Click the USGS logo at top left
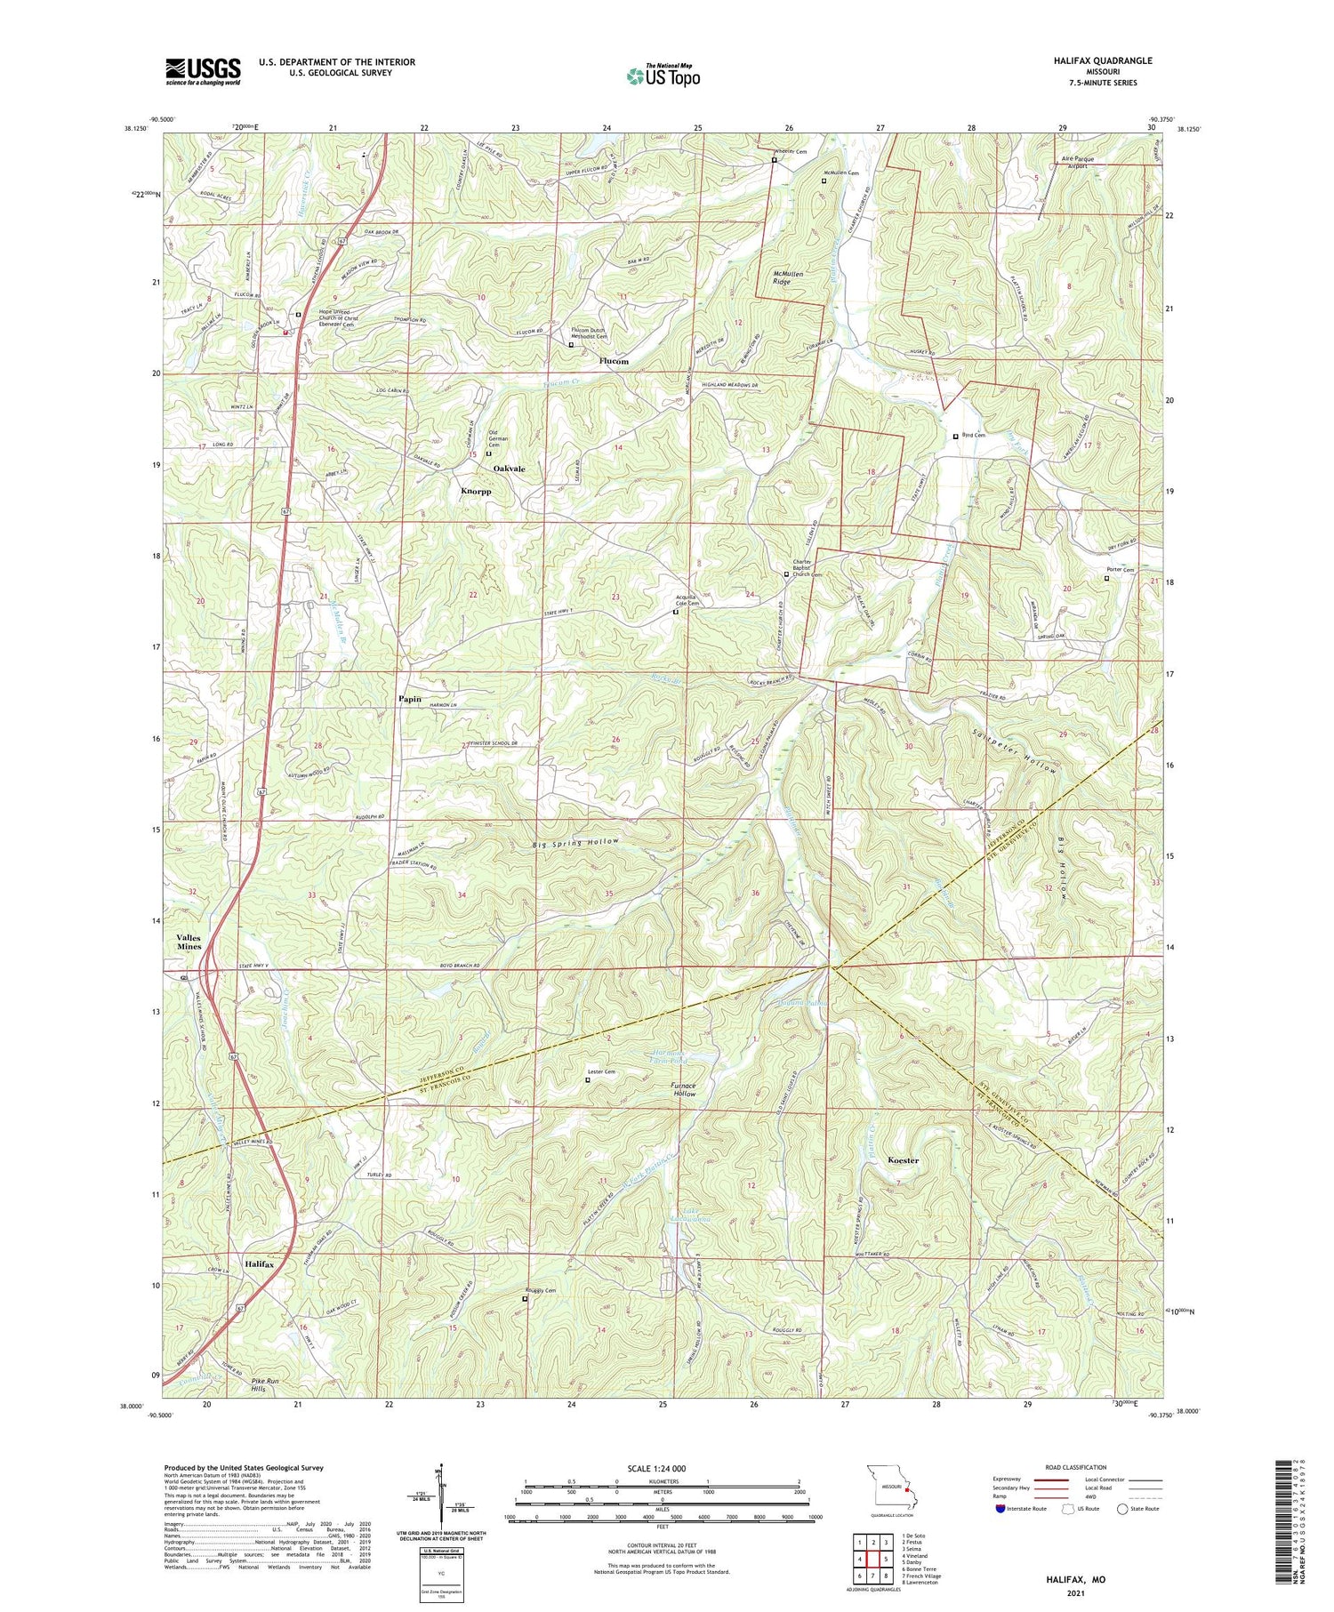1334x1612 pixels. (x=203, y=71)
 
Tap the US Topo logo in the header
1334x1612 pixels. (x=663, y=76)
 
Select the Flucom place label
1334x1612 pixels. (x=614, y=361)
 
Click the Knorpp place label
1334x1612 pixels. (x=476, y=491)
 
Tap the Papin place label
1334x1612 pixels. (x=409, y=699)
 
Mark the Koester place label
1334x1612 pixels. (x=904, y=1160)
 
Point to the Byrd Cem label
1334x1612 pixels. (x=974, y=436)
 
